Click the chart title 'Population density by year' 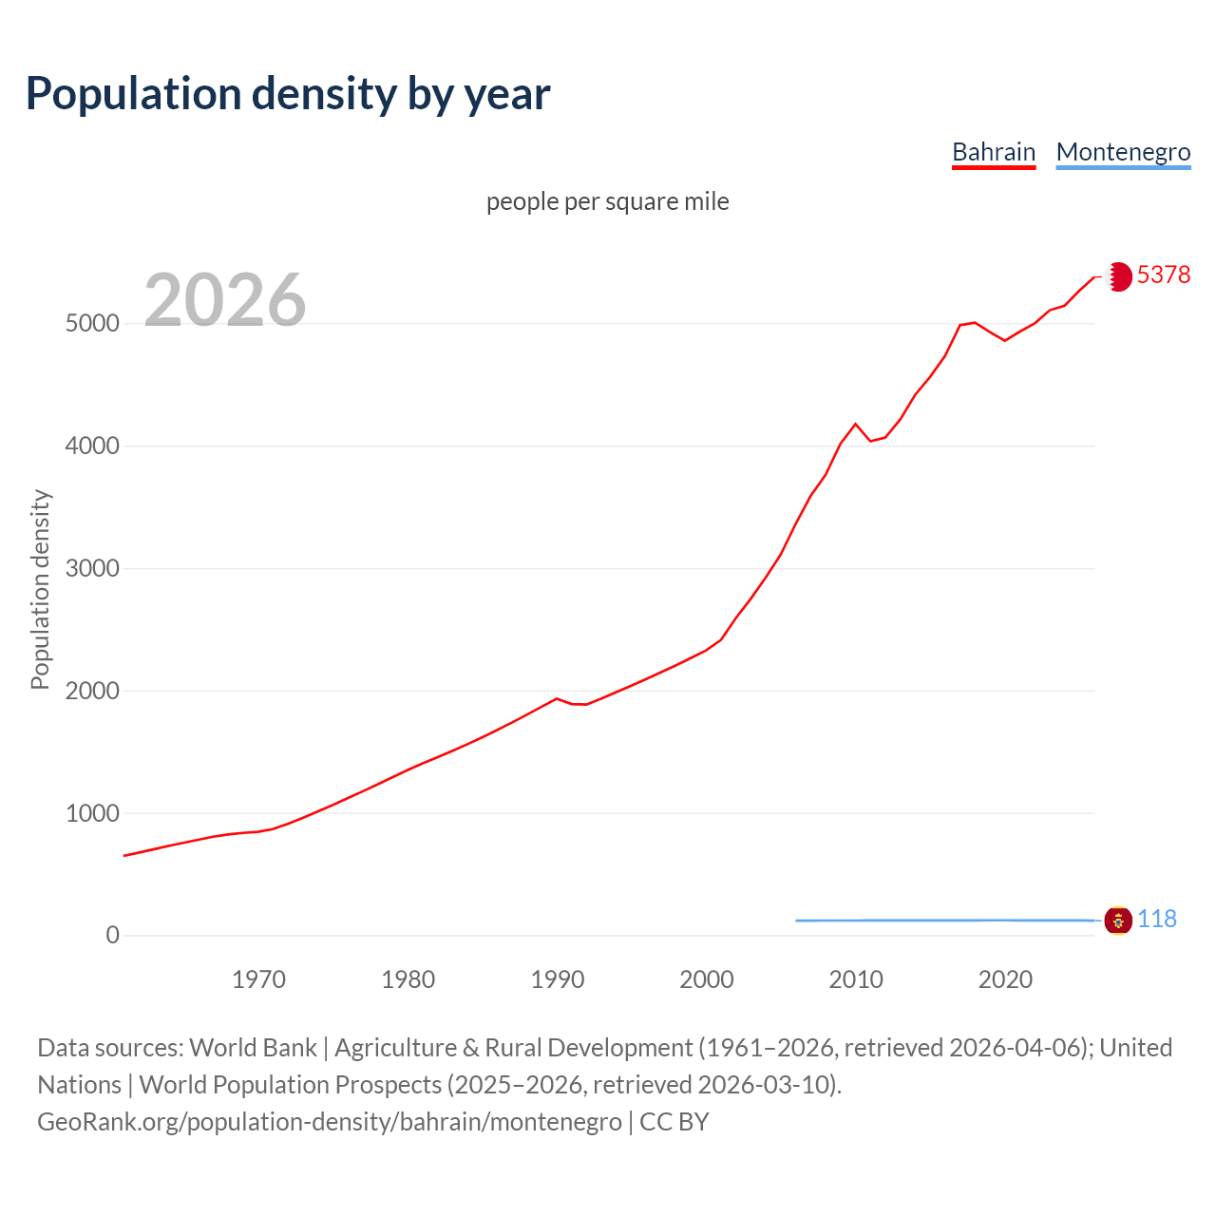coord(288,94)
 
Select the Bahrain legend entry coord(994,152)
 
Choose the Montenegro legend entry coord(1123,152)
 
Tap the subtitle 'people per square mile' coord(607,201)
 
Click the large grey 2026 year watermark coord(225,300)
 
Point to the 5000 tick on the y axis coord(92,324)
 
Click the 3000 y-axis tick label coord(92,569)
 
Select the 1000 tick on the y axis coord(92,814)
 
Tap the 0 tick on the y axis coord(113,936)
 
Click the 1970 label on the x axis coord(258,979)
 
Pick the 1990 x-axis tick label coord(558,979)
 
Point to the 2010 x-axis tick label coord(856,979)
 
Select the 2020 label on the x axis coord(1005,979)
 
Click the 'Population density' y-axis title coord(40,589)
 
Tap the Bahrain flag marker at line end coord(1118,276)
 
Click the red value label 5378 coord(1163,275)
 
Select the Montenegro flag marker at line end coord(1118,921)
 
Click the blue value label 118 coord(1157,919)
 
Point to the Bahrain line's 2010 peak coord(855,424)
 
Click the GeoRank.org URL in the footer coord(329,1122)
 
